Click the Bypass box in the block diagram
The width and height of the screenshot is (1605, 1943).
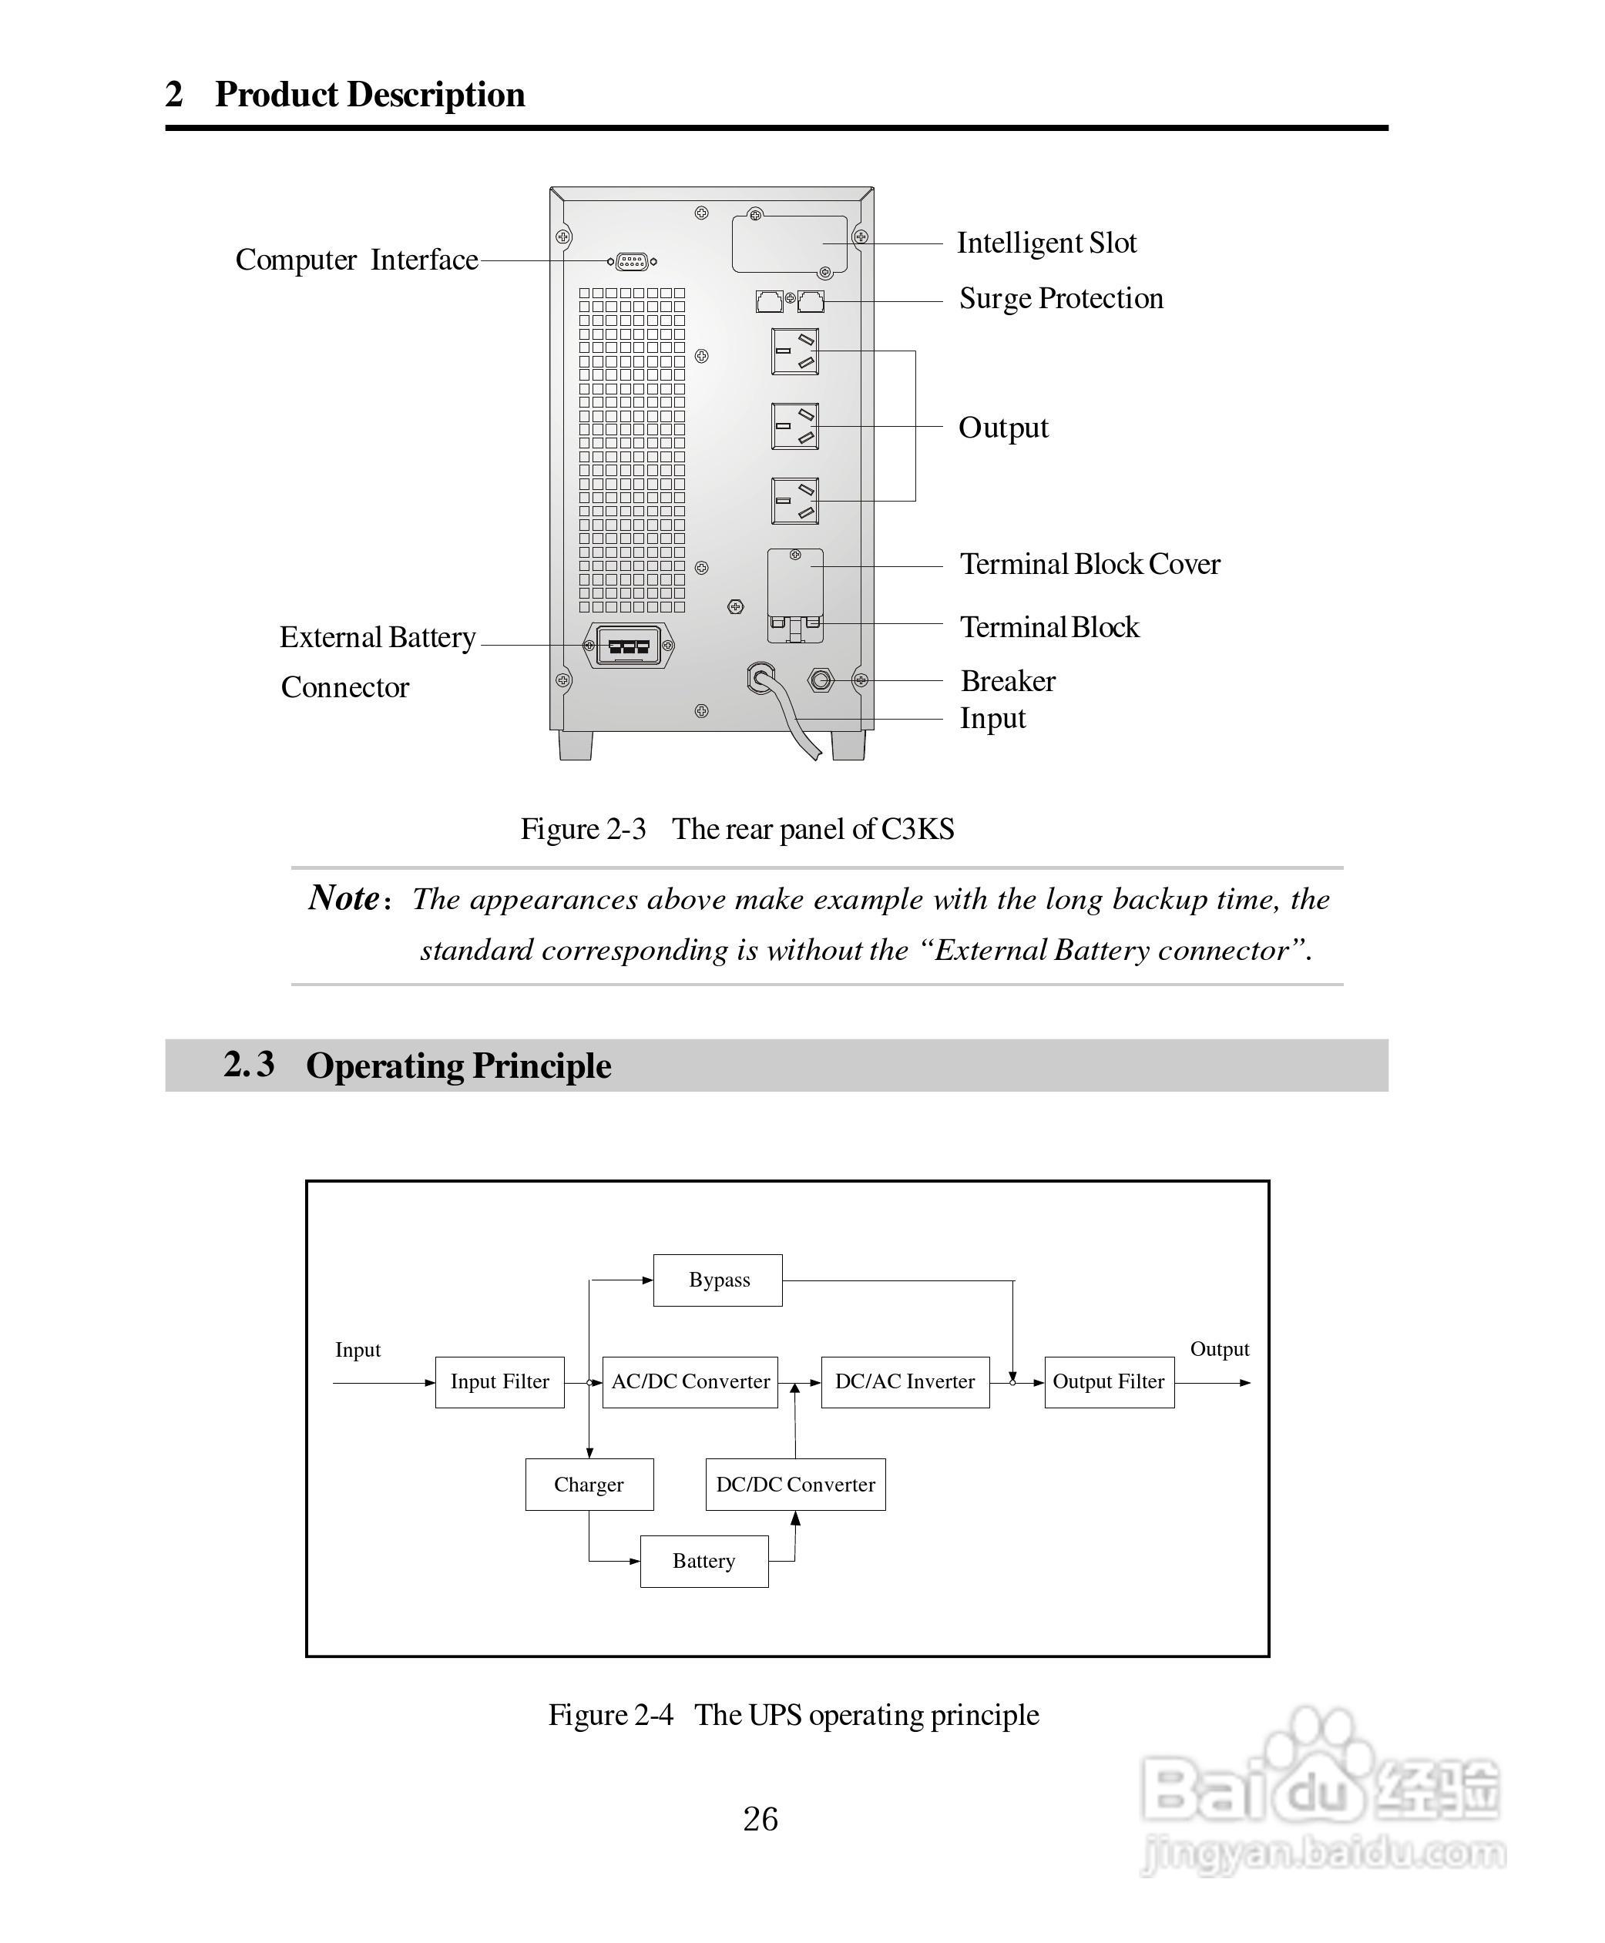tap(717, 1280)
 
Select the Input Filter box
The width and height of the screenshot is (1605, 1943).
tap(499, 1382)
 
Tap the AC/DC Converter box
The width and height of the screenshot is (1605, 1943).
tap(690, 1382)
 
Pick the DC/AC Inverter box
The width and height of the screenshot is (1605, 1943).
tap(904, 1382)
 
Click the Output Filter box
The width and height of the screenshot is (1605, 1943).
tap(1109, 1382)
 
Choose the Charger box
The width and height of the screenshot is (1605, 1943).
tap(589, 1485)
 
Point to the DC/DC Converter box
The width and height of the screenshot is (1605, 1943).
tap(795, 1485)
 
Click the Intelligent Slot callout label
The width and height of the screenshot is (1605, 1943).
tap(1046, 243)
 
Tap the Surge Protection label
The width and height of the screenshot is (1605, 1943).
tap(1060, 299)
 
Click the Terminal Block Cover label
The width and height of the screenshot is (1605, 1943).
tap(1089, 564)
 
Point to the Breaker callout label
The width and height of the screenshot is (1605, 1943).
tap(1008, 681)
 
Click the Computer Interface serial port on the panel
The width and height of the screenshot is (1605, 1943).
tap(632, 262)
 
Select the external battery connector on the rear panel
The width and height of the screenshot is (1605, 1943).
tap(629, 645)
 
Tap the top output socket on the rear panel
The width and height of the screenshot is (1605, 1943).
tap(795, 351)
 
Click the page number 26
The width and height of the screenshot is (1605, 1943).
tap(760, 1819)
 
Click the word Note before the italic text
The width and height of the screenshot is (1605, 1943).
tap(344, 898)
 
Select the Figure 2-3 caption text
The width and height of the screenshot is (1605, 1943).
tap(737, 829)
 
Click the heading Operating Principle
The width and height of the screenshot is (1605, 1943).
tap(458, 1065)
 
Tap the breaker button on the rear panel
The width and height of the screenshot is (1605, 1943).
tap(820, 681)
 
